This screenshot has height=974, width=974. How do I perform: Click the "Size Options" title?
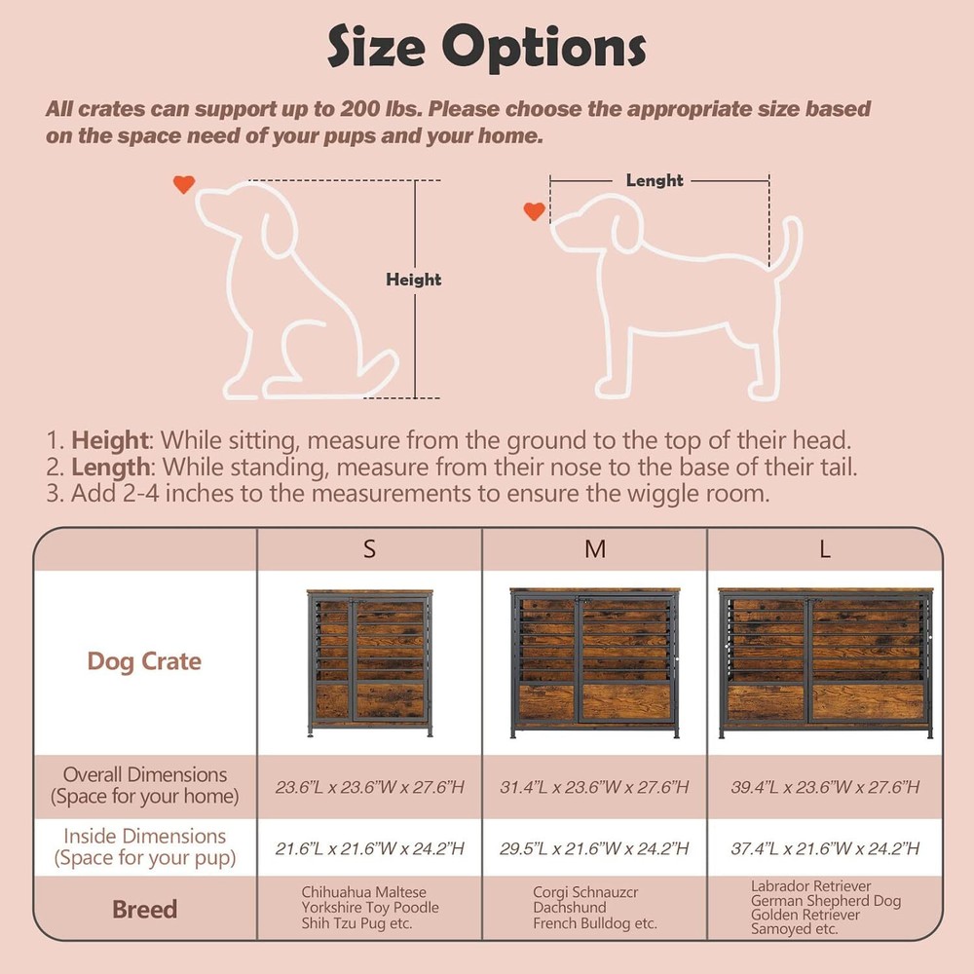coord(486,46)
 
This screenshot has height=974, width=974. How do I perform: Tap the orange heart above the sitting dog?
coord(183,183)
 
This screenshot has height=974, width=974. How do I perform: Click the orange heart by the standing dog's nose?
coord(534,210)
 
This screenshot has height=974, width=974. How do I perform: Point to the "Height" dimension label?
coord(413,281)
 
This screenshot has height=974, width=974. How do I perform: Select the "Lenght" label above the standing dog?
coord(655,180)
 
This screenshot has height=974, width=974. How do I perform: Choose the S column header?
coord(369,549)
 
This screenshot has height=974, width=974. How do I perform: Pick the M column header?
coord(594,549)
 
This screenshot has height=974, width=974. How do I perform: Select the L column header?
coord(824,549)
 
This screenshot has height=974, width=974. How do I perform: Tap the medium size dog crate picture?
coord(594,662)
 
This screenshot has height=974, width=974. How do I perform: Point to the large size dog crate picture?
coord(824,662)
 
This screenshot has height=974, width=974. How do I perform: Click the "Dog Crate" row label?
coord(144,661)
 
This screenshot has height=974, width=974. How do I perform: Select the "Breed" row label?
coord(144,910)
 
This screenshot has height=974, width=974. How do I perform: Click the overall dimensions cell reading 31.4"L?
coord(594,787)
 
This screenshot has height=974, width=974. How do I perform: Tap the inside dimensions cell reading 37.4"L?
coord(824,848)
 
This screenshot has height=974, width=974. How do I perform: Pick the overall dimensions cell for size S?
coord(369,787)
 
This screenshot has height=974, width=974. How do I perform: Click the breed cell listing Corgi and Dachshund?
coord(594,908)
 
